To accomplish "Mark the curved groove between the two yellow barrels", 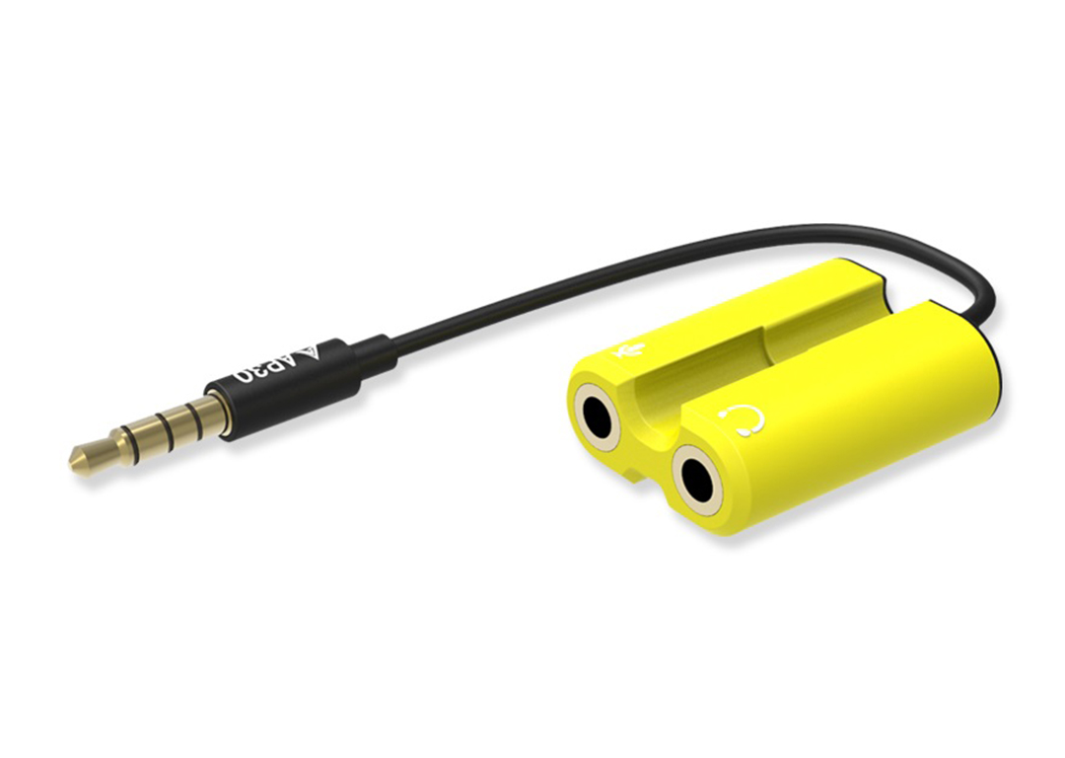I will click(x=690, y=375).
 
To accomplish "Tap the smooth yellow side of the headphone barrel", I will click(x=868, y=434).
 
